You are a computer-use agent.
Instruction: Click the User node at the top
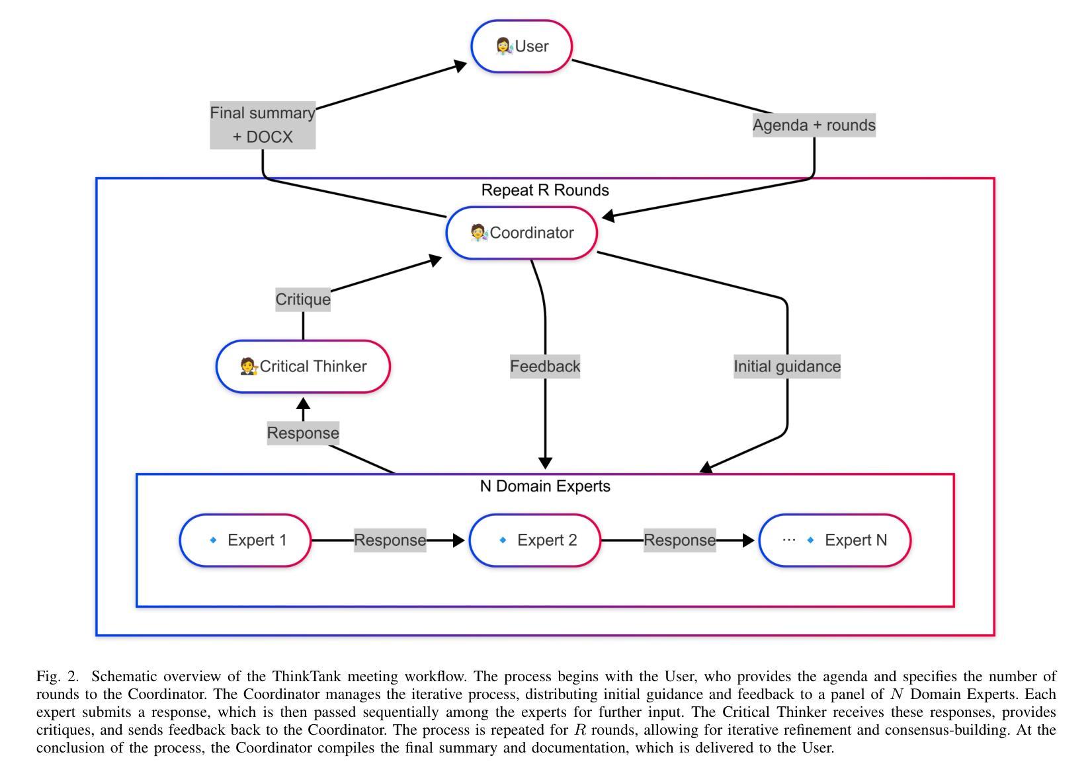point(522,46)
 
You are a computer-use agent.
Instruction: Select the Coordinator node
point(522,233)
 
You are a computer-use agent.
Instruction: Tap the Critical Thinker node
point(303,366)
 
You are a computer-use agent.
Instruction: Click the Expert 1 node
point(245,540)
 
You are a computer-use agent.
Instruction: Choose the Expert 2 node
point(535,540)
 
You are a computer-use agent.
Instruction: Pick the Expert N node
point(835,540)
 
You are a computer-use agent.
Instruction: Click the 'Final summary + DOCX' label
point(263,125)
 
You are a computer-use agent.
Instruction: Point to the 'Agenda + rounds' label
point(814,125)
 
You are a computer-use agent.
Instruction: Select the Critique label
point(303,299)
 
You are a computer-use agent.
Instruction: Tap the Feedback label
point(545,366)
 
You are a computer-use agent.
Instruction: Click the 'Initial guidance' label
point(787,366)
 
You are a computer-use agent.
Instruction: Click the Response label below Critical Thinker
point(303,433)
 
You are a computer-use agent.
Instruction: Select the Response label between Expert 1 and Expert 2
point(390,540)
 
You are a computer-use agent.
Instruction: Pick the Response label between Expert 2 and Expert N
point(679,540)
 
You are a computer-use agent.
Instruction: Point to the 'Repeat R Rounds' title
point(545,190)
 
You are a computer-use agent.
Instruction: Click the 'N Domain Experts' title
point(545,486)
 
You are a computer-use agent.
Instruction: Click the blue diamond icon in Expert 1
point(213,540)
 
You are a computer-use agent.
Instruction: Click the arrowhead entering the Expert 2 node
point(459,540)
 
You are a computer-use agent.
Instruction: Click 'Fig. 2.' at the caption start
point(57,676)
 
